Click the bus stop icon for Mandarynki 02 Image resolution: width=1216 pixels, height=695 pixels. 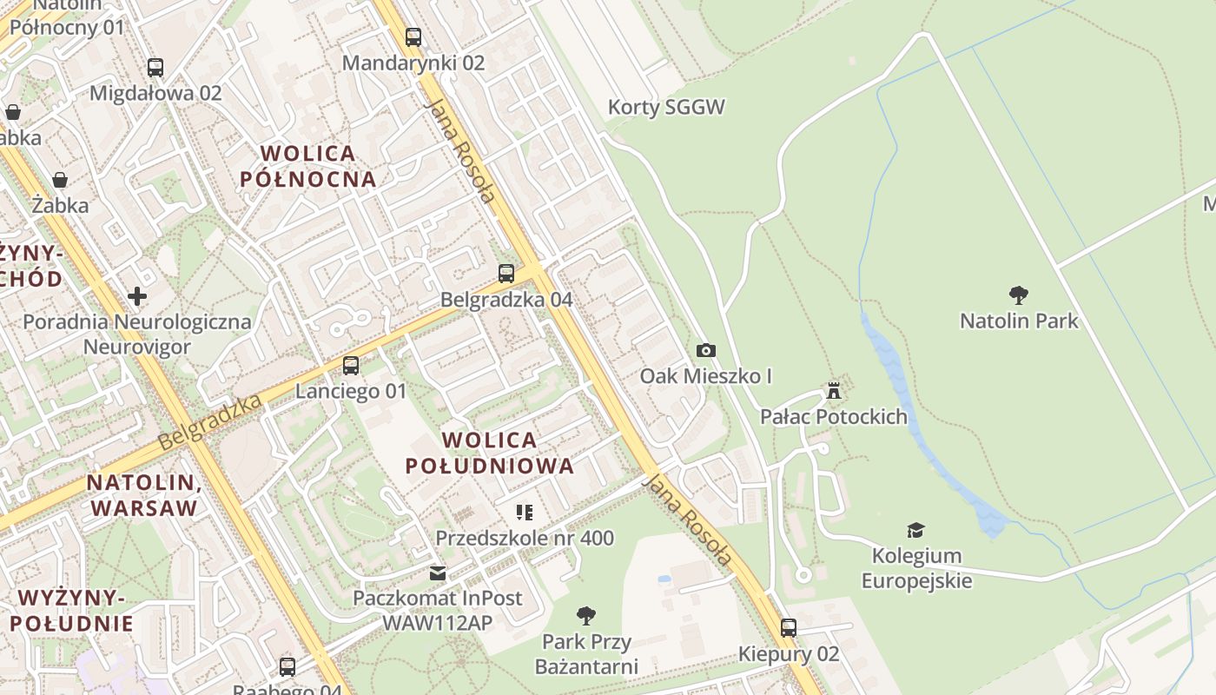pos(413,37)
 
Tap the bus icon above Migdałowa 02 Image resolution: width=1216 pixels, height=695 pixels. pos(155,67)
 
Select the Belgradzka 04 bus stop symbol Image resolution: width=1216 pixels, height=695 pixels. pos(506,274)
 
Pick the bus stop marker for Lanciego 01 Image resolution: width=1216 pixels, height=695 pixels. pos(351,366)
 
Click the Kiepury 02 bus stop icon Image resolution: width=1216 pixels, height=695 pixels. pos(789,627)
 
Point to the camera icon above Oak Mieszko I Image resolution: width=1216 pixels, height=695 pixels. pos(706,350)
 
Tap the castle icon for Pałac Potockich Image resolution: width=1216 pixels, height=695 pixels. pos(834,391)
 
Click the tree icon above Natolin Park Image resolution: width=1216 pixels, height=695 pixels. pos(1019,295)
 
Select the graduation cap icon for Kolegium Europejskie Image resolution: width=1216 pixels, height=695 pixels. pos(915,530)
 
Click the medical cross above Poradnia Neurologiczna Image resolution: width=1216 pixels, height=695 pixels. pos(137,296)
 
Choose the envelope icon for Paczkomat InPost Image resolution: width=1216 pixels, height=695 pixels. pos(438,573)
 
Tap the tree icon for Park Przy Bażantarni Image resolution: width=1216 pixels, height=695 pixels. pos(586,616)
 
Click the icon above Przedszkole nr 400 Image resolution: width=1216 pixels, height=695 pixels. pos(525,513)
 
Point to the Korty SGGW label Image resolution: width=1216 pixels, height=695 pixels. pos(666,108)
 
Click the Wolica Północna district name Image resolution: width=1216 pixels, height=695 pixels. pos(308,166)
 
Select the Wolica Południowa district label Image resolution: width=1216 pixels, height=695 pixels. pos(490,453)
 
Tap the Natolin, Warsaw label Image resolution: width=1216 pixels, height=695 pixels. pos(144,495)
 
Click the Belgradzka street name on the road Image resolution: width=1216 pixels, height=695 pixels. pos(211,422)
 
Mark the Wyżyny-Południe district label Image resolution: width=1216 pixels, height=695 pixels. pos(72,610)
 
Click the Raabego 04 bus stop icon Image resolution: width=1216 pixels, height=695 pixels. pos(287,667)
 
